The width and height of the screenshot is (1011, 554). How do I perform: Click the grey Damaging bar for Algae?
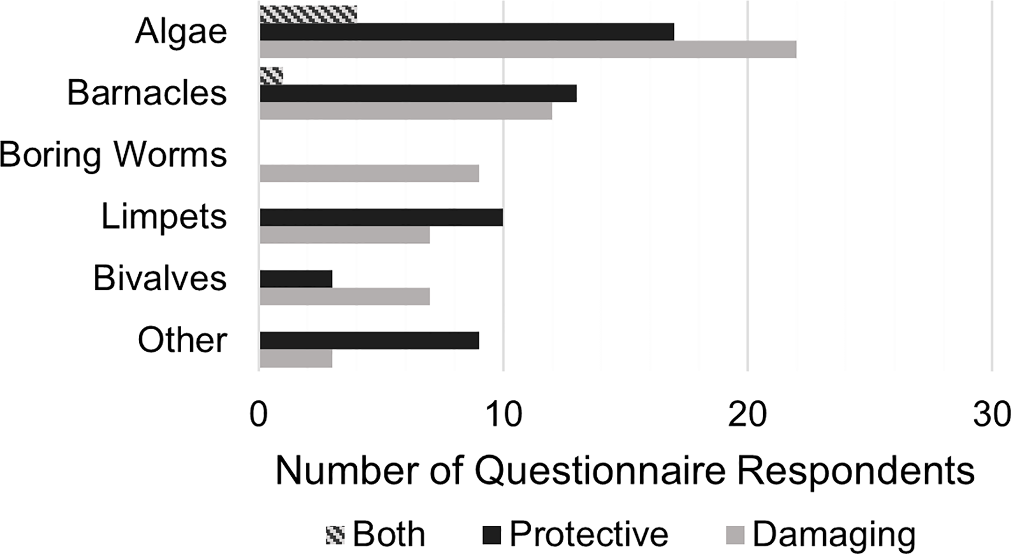click(528, 49)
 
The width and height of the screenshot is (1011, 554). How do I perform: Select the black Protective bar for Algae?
click(467, 32)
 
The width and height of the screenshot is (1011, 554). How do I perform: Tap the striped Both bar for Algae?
click(308, 14)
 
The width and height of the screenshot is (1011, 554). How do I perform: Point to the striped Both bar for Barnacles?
click(271, 76)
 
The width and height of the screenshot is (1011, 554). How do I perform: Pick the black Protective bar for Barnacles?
click(418, 93)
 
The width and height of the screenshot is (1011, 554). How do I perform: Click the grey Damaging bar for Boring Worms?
click(369, 173)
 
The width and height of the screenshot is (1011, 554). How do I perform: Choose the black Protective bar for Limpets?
click(381, 217)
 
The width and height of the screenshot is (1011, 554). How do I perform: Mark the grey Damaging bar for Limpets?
click(345, 234)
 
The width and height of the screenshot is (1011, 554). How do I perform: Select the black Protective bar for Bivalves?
click(296, 279)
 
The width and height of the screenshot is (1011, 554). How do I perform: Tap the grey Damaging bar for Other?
click(296, 358)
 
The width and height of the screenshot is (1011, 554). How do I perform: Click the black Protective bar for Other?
click(369, 341)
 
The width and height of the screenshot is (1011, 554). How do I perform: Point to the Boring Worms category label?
click(113, 155)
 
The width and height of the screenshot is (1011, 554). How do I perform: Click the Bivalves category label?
click(160, 278)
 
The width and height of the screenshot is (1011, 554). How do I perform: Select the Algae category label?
click(181, 32)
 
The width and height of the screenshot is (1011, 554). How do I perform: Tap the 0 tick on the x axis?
click(259, 416)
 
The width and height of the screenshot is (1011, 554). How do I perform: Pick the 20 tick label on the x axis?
click(747, 416)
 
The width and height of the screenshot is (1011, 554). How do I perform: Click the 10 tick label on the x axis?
click(503, 416)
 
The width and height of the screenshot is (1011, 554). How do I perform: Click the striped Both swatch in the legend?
click(335, 534)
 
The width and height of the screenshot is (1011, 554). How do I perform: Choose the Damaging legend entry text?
click(833, 534)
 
